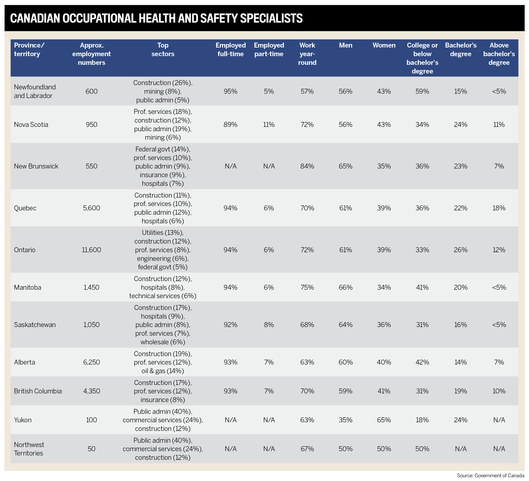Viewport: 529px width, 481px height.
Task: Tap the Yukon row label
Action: pos(23,420)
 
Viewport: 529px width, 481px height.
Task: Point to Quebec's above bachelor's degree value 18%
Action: pos(499,208)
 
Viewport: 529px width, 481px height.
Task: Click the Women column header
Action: pos(384,45)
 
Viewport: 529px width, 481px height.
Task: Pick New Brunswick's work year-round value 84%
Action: pos(307,166)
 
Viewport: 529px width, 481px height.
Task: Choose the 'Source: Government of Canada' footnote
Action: pos(490,476)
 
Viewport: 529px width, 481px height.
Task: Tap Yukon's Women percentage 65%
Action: pos(384,420)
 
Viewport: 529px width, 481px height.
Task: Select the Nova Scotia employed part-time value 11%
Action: pos(269,125)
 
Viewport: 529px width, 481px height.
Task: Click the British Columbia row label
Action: pos(38,391)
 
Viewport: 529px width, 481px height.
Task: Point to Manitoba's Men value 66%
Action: pos(345,287)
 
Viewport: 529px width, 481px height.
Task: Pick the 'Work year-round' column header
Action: pos(307,54)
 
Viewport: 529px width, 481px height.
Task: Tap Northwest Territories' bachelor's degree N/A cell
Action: pos(460,449)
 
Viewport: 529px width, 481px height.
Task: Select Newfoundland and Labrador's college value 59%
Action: pos(422,91)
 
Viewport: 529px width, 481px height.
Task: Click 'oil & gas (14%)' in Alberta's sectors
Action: pos(163,371)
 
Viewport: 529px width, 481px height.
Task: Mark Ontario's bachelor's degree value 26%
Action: pos(460,250)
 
